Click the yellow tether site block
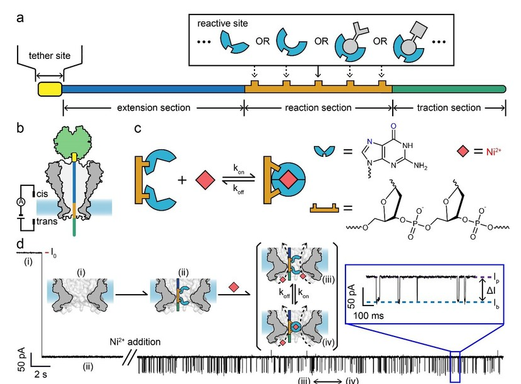[x=49, y=89]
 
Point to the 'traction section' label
[x=449, y=108]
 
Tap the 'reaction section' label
[x=318, y=108]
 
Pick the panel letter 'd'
[x=21, y=243]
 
